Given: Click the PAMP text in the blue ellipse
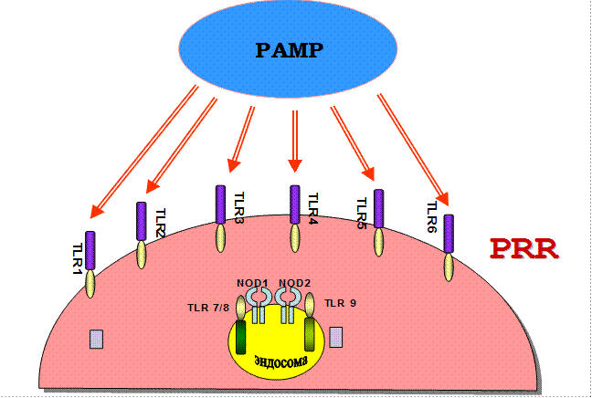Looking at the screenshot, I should coord(288,49).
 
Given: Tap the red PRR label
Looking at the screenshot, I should coord(523,248).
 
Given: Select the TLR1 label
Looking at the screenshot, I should coord(78,260).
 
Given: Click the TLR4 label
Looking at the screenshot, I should coord(312,210).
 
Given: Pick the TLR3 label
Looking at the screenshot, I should coord(238,208).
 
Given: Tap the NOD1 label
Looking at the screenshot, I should coord(252,283).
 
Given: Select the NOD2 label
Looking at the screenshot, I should coord(294,283).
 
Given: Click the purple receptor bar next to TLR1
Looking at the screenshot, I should coord(90,250).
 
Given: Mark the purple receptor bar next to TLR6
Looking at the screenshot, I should coord(449,234).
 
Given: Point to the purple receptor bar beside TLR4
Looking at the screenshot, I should coord(295,204).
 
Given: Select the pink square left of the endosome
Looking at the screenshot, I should coord(96,340).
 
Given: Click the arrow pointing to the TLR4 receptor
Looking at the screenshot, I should coord(295,141).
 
